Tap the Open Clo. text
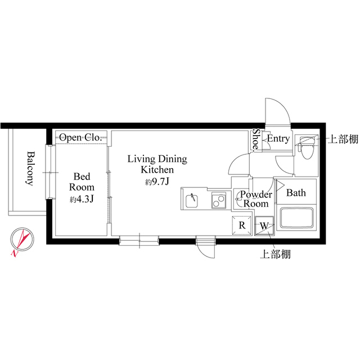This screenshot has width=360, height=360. (x=80, y=137)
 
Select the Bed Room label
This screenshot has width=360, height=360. (x=82, y=182)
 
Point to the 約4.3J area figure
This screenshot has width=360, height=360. (x=82, y=200)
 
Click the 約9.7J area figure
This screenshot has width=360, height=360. (x=157, y=182)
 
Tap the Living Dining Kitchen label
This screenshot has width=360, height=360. (x=156, y=164)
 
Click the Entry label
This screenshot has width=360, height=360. (x=278, y=138)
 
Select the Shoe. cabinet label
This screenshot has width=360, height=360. (x=255, y=141)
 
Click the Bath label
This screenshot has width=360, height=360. (x=296, y=193)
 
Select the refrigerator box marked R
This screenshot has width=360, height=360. (x=242, y=225)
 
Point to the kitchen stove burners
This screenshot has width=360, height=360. (x=219, y=200)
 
